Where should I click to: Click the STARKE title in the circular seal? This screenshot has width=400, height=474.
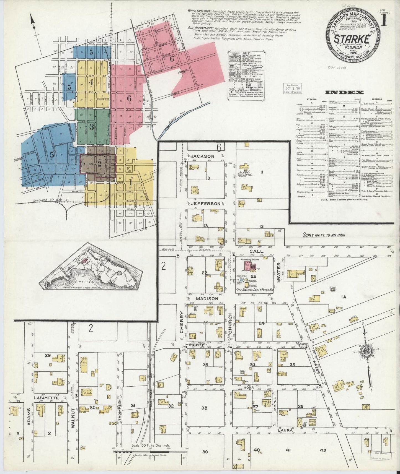click(352, 39)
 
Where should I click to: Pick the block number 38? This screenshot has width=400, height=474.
click(204, 408)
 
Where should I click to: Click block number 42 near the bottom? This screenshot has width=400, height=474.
click(322, 450)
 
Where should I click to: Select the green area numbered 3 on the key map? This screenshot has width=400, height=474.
click(91, 127)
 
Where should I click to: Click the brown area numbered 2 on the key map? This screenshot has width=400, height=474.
click(99, 163)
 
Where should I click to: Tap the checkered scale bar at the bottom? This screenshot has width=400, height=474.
click(149, 452)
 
